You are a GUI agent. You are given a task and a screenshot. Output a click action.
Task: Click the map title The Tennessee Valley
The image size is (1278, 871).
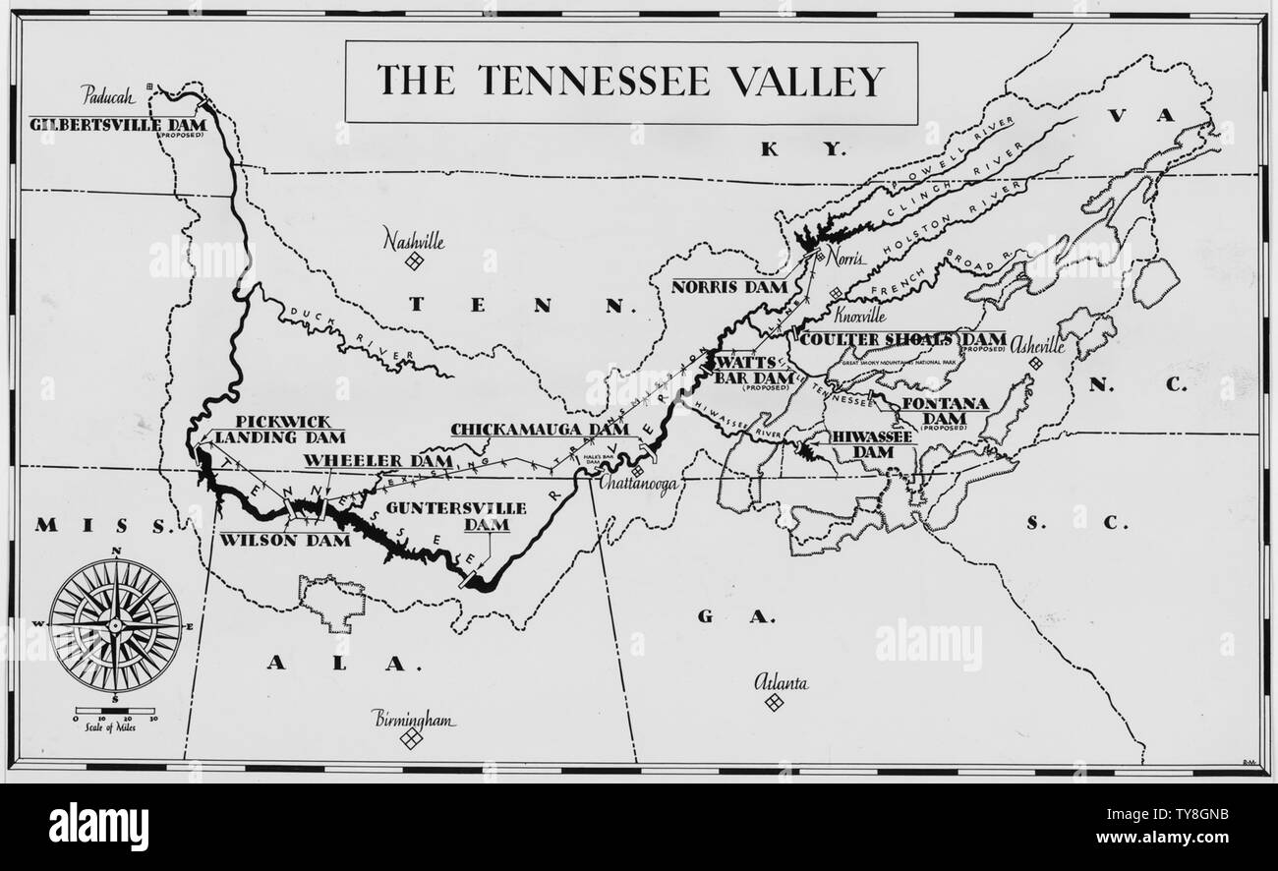tap(630, 82)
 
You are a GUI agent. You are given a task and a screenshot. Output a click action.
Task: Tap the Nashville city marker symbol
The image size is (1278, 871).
tap(415, 260)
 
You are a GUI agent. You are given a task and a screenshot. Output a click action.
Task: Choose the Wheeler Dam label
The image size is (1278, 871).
tap(378, 460)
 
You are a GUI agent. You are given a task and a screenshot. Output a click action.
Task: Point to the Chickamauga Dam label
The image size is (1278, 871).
tap(539, 430)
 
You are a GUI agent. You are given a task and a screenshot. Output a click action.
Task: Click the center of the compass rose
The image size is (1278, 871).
tap(116, 624)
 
